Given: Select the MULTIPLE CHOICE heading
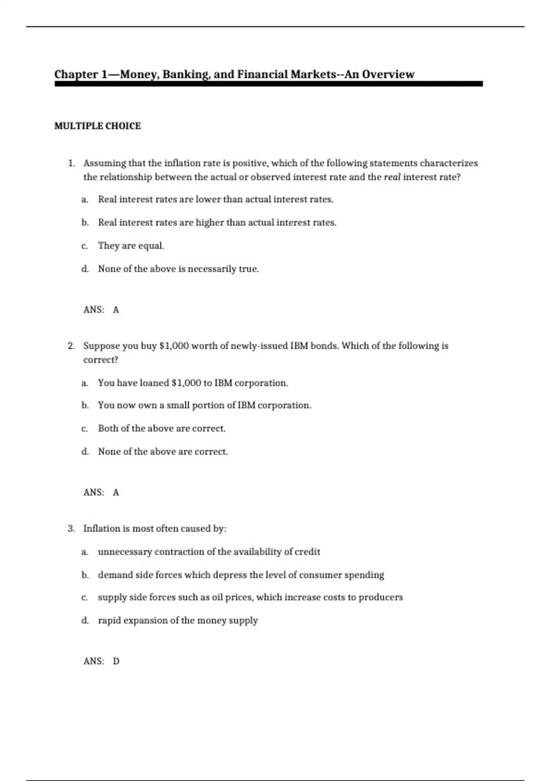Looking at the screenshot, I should click(x=97, y=126).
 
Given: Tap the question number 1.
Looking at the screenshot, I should click(x=71, y=163).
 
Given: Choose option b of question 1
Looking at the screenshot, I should click(x=217, y=223).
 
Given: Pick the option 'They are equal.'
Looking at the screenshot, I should click(x=131, y=246).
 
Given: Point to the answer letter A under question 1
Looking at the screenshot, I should click(x=116, y=310).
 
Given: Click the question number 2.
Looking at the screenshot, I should click(x=71, y=346).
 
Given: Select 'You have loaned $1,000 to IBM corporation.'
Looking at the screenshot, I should click(x=193, y=383).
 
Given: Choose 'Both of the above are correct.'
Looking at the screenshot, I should click(x=162, y=429).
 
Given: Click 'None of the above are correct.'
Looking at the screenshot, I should click(x=163, y=452).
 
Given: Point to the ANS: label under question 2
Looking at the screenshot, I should click(x=94, y=492).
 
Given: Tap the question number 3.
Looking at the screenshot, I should click(x=71, y=529).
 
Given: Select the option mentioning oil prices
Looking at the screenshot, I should click(x=250, y=598).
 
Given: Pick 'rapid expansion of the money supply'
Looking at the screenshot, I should click(x=178, y=621).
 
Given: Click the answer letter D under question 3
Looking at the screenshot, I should click(x=116, y=662).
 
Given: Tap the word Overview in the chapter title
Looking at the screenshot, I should click(x=388, y=74).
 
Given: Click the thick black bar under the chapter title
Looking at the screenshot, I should click(x=269, y=84).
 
